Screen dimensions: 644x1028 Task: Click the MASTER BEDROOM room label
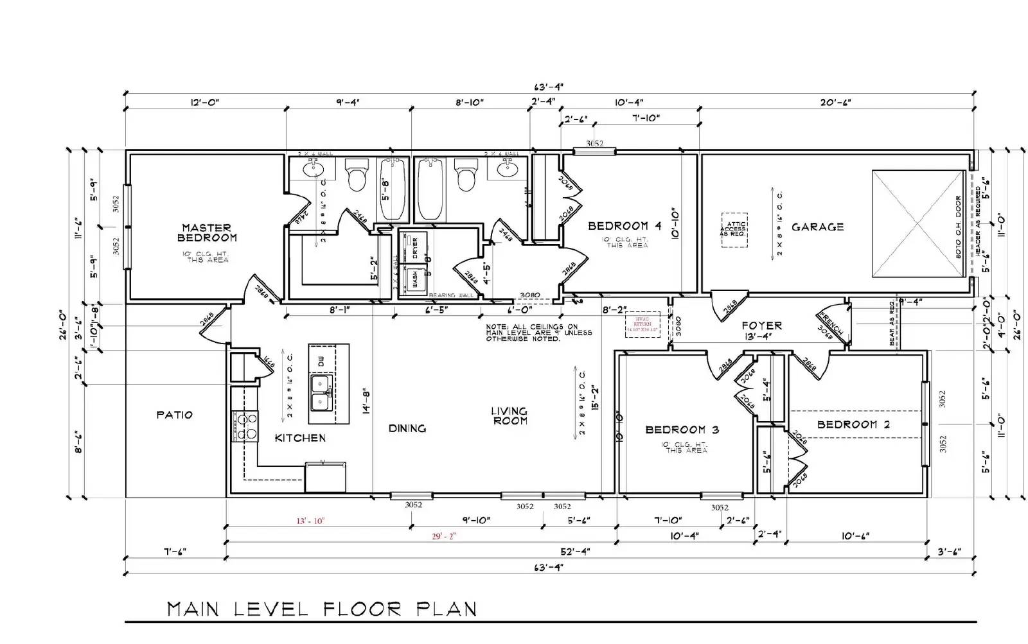click(x=207, y=232)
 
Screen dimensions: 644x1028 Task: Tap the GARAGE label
click(x=817, y=227)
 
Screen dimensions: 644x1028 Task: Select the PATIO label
click(x=174, y=415)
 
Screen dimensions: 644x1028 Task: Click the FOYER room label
click(x=761, y=326)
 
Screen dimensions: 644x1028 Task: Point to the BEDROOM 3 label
click(x=682, y=430)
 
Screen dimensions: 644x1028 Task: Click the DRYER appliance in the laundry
click(x=414, y=247)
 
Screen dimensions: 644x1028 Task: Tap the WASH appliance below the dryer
click(x=414, y=280)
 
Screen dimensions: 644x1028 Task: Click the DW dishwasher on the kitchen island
click(x=321, y=360)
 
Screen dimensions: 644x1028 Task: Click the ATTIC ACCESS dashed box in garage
click(x=734, y=230)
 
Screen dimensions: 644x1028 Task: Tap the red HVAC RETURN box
click(x=642, y=325)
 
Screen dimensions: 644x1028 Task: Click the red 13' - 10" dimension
click(x=310, y=521)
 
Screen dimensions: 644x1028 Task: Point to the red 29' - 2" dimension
click(x=443, y=536)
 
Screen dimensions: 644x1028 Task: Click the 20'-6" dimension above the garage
click(x=835, y=102)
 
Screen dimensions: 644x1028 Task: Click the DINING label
click(x=407, y=428)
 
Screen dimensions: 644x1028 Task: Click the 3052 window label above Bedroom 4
click(x=594, y=144)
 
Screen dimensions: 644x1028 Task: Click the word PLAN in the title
click(x=447, y=609)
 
